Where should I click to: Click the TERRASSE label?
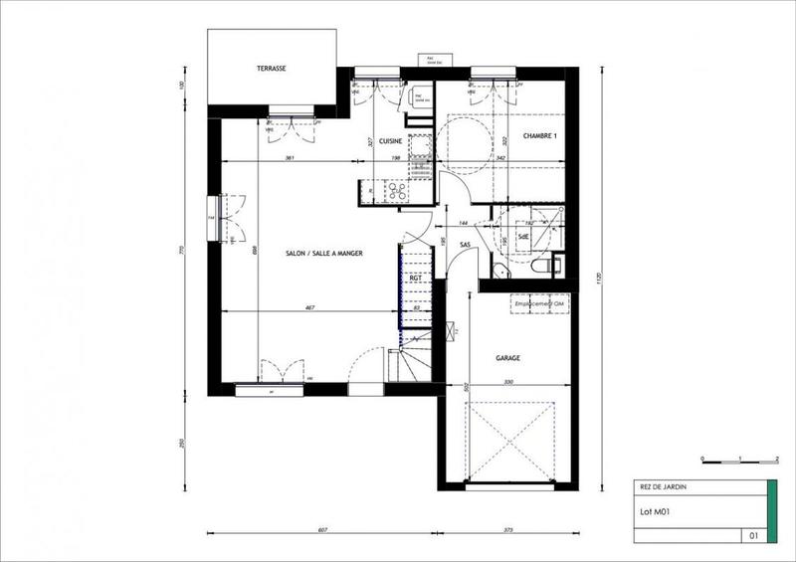coord(271,69)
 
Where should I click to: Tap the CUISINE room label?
coord(389,141)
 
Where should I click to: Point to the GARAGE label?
coord(508,356)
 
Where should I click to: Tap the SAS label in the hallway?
coord(465,245)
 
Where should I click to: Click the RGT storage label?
coord(416,279)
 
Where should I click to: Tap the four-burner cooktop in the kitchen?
coord(395,190)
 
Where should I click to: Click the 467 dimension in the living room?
coord(309,308)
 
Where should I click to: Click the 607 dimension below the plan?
coord(323,530)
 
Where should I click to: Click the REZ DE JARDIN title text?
coord(661,487)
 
